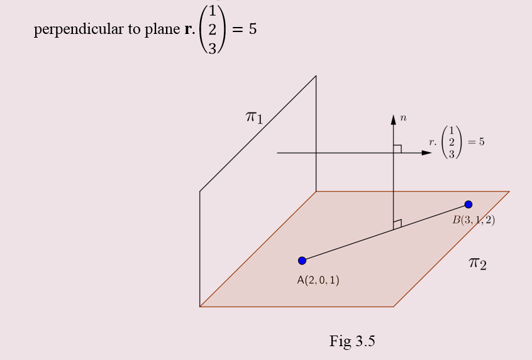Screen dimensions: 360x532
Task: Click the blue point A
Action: tap(302, 260)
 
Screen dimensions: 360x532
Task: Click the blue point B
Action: tap(468, 204)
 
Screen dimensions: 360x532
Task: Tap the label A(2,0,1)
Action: tap(318, 280)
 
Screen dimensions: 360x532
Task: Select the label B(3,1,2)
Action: tap(474, 220)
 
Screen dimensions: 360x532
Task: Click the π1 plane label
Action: tap(254, 116)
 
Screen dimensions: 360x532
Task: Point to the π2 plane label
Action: tap(477, 263)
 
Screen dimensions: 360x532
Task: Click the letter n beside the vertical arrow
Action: tap(403, 117)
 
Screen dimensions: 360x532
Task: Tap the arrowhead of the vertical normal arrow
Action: tap(393, 119)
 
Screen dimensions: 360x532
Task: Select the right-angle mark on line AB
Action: tap(397, 224)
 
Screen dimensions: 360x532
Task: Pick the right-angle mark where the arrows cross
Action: tap(397, 149)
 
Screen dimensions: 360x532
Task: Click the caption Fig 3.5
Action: tap(352, 341)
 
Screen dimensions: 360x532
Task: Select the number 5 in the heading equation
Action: tap(252, 29)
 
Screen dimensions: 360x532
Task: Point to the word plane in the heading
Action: tap(162, 30)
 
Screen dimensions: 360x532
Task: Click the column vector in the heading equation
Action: tap(212, 30)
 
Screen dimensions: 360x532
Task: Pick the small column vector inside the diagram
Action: tap(452, 142)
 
